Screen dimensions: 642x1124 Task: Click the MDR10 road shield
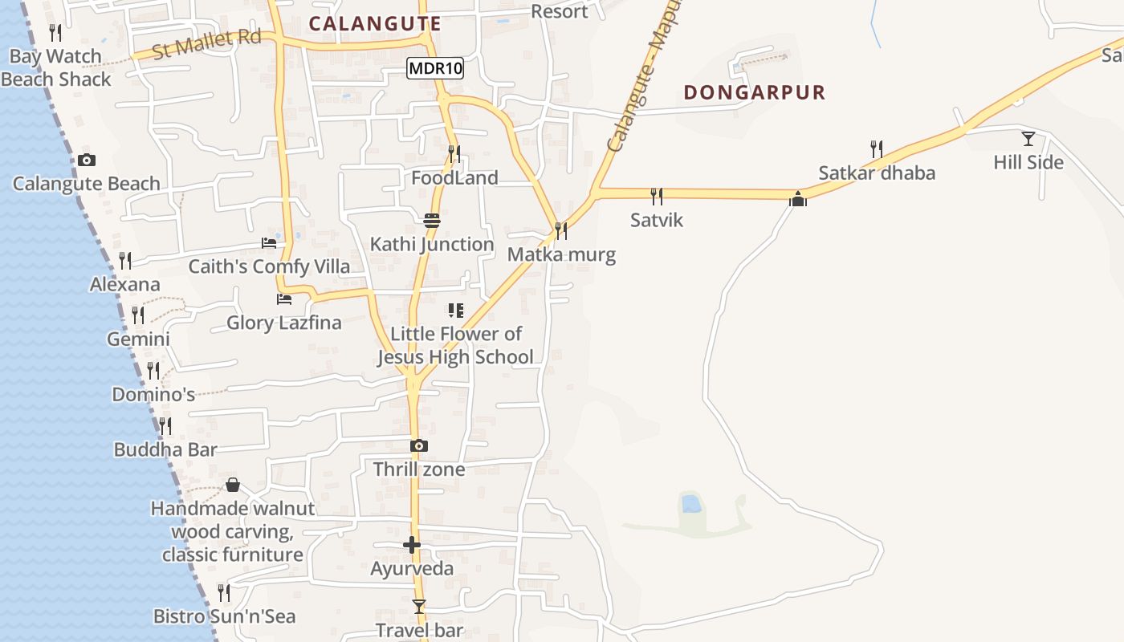435,68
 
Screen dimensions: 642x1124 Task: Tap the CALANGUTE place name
375,23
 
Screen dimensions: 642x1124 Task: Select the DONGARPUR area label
754,92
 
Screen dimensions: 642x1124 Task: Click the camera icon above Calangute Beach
87,160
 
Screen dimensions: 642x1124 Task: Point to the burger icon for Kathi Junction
432,220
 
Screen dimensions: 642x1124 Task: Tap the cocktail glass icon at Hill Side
1028,138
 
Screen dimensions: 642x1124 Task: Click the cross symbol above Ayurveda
412,546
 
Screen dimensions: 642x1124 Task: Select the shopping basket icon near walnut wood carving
233,485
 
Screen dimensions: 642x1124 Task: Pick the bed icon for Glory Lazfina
283,299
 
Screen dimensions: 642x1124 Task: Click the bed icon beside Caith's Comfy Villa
269,242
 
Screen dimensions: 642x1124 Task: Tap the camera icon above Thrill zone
418,445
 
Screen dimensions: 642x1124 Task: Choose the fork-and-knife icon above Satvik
657,196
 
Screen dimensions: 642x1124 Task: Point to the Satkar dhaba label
877,173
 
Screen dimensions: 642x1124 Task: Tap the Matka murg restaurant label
561,255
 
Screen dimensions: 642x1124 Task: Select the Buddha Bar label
165,449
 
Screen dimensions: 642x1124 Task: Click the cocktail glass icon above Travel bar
418,606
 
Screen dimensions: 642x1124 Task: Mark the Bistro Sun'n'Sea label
224,616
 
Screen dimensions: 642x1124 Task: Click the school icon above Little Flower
455,310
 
